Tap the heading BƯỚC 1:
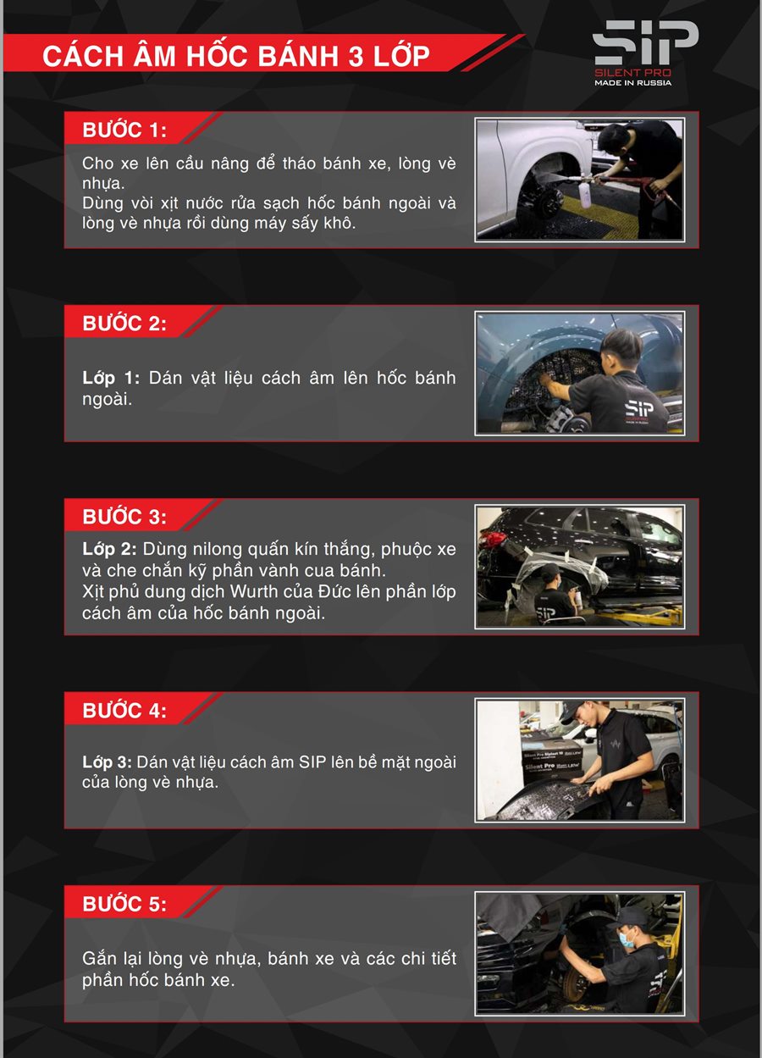click(124, 130)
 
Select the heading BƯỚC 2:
click(124, 323)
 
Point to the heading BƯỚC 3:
click(124, 516)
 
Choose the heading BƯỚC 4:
click(124, 710)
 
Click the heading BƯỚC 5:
click(124, 904)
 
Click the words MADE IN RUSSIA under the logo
click(632, 83)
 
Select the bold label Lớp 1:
click(111, 379)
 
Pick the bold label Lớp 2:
click(109, 549)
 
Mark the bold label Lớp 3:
click(108, 762)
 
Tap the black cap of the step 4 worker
click(574, 709)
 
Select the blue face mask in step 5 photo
click(626, 939)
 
